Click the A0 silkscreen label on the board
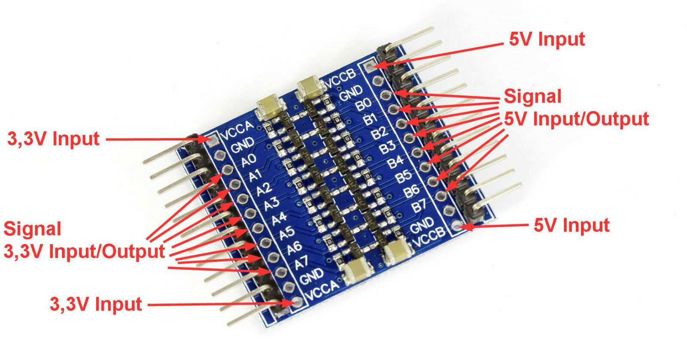(249, 160)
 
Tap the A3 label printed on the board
(271, 203)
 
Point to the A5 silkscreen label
(287, 233)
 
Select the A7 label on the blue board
(301, 262)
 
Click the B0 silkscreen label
(363, 104)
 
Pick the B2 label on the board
(379, 133)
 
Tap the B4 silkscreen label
(395, 162)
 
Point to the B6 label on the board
(411, 191)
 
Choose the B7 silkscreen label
(419, 206)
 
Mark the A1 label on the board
(256, 175)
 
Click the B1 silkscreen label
(371, 118)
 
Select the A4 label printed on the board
(279, 218)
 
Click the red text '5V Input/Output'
(576, 119)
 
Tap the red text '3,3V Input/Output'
(84, 251)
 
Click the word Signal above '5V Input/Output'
(532, 96)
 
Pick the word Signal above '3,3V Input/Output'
(33, 229)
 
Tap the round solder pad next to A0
(228, 168)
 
